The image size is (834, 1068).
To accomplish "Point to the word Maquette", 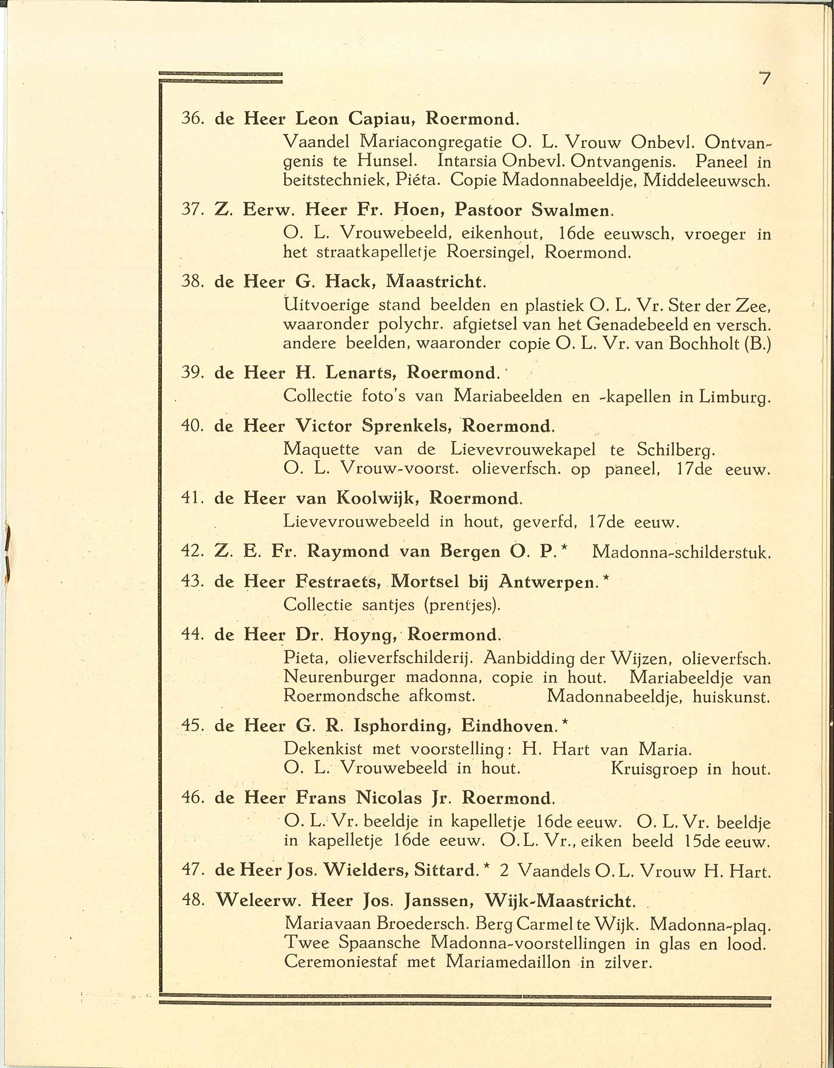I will point(321,449).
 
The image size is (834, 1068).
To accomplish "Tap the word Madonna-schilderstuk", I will point(681,552).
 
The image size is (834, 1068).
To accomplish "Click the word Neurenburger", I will point(339,677).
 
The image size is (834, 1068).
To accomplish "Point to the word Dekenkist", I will point(323,749).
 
